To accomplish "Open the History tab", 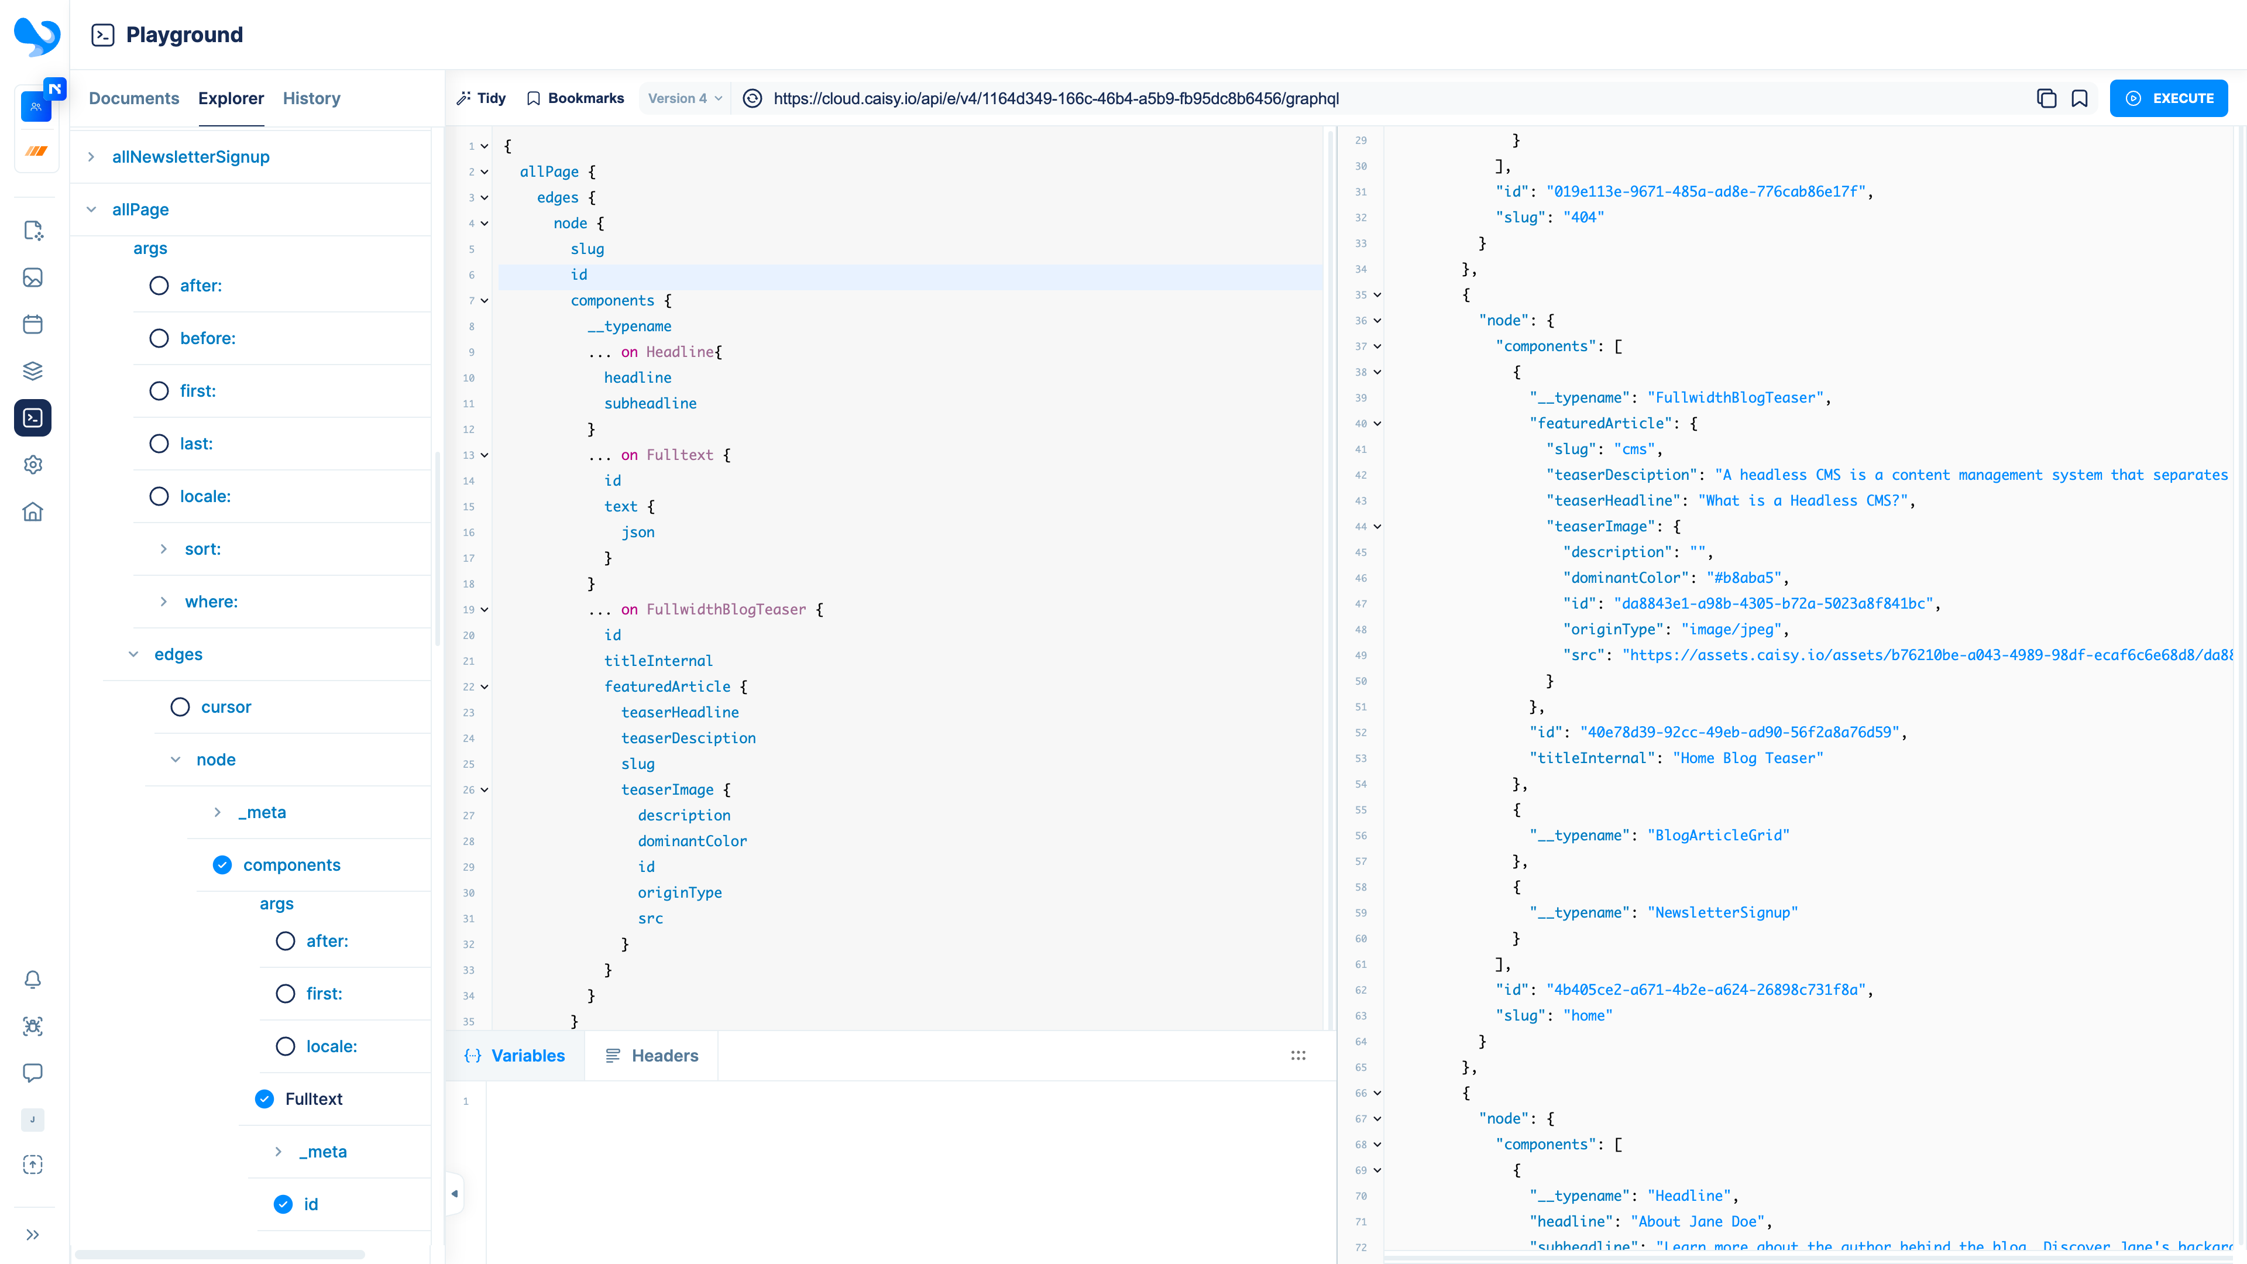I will (311, 98).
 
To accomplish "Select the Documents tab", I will (133, 98).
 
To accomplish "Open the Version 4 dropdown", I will (685, 98).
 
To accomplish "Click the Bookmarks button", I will (576, 98).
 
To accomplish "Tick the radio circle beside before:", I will (159, 338).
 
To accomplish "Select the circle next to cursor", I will (180, 706).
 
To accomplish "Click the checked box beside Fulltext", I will (264, 1099).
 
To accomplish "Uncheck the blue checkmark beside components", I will (222, 864).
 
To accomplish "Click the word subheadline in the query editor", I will (650, 403).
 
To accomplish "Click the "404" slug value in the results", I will (1583, 217).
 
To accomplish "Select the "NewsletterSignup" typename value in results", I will (1722, 912).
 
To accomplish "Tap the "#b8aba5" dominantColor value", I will (1744, 578).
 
